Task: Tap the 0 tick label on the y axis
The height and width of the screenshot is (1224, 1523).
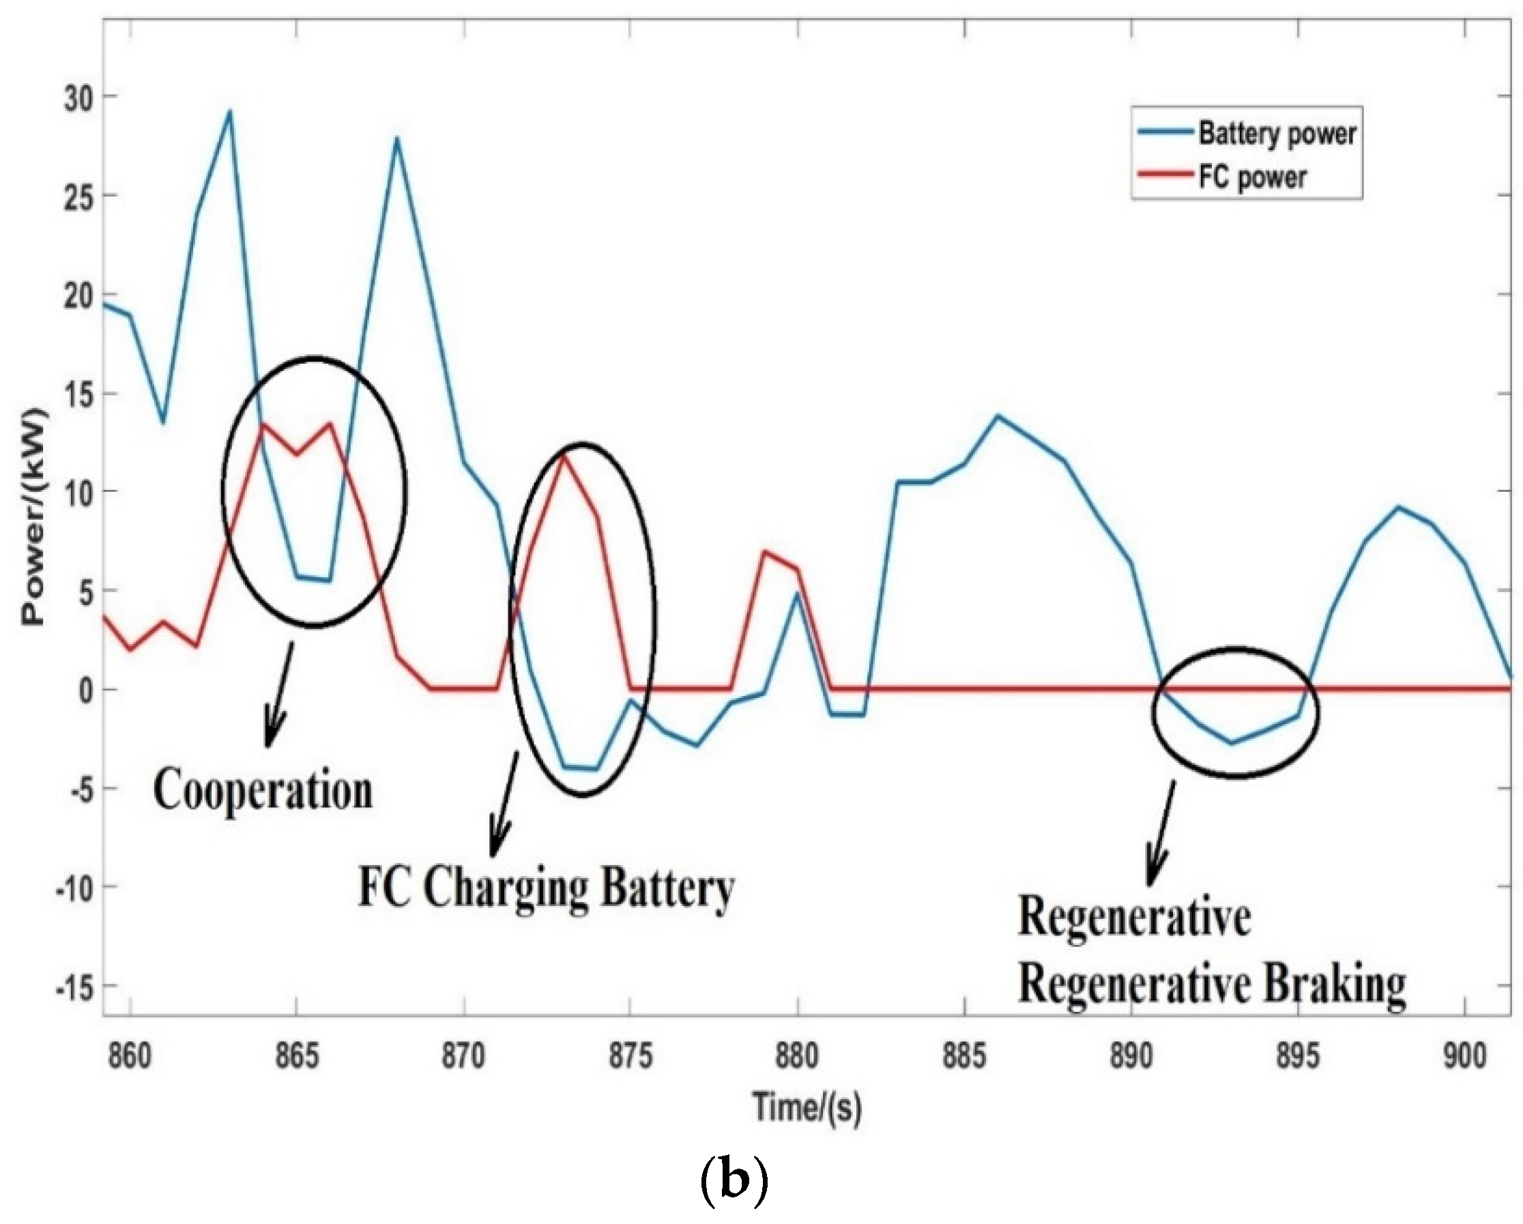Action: tap(85, 690)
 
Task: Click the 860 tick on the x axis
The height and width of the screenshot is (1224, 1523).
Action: tap(131, 1058)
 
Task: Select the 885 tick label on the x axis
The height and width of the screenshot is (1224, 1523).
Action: tap(964, 1058)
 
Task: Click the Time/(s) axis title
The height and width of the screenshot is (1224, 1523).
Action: tap(807, 1107)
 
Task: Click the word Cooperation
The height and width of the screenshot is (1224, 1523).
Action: tap(263, 791)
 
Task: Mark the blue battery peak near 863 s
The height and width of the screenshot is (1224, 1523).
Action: tap(229, 112)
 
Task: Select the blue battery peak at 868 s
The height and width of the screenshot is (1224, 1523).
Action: tap(397, 139)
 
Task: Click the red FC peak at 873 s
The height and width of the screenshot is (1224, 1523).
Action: tap(563, 456)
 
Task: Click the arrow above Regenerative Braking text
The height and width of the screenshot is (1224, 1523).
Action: tap(1161, 834)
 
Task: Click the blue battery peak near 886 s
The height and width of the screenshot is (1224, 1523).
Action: tap(998, 416)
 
